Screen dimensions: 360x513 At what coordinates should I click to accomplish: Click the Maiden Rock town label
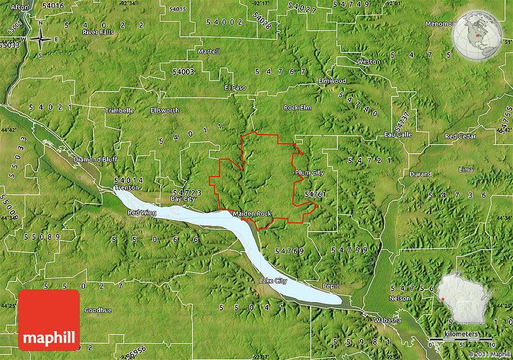coord(252,213)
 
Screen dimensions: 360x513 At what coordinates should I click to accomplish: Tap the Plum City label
coord(309,173)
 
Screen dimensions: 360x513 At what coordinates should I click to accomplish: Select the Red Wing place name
coord(142,213)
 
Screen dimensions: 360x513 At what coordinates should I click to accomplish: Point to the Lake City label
coord(273,281)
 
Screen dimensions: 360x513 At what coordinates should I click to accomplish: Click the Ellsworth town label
coord(165,110)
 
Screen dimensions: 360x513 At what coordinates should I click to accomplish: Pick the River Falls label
coord(98,31)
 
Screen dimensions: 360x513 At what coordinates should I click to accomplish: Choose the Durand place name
coord(421,174)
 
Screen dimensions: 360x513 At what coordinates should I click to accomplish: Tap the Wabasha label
coord(387,320)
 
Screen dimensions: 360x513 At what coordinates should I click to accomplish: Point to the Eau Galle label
coord(398,134)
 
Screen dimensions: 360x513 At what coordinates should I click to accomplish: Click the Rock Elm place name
coord(297,107)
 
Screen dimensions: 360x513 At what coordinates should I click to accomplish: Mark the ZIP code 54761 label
coord(315,194)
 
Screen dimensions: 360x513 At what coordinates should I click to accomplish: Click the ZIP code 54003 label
coord(183,71)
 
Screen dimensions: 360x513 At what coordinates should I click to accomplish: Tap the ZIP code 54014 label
coord(127,180)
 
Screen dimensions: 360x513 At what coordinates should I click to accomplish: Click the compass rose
coord(40,39)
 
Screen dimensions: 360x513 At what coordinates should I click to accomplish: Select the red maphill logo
coord(49,320)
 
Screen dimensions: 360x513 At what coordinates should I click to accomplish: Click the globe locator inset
coord(478,34)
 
